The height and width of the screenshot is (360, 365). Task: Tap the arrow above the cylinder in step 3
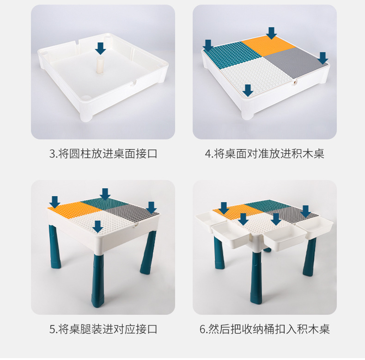point(101,48)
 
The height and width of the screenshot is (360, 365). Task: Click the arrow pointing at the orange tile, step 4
point(271,33)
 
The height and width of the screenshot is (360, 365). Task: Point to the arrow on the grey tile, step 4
point(322,58)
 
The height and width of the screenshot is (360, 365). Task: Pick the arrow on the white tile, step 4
point(248,90)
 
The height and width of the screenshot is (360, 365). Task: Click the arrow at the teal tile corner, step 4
point(208,45)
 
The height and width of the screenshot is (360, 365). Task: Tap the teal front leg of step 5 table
point(98,280)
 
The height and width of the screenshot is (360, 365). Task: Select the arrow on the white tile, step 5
point(98,227)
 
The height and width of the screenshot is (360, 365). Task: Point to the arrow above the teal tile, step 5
point(105,194)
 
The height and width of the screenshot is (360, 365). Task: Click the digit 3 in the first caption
point(52,154)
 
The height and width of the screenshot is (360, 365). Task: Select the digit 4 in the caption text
point(207,154)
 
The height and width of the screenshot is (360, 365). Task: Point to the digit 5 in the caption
point(52,330)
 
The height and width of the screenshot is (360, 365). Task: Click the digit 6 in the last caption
point(202,330)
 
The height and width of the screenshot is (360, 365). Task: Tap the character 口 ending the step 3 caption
point(153,154)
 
